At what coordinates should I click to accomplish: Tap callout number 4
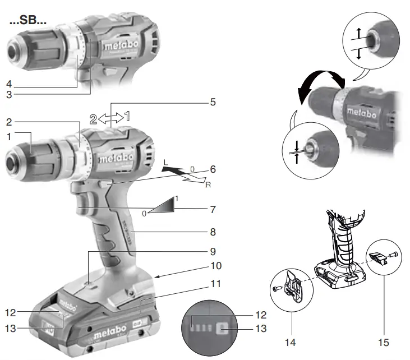click(x=10, y=85)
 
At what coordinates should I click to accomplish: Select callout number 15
click(x=384, y=341)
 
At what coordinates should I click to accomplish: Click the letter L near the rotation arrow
click(x=165, y=162)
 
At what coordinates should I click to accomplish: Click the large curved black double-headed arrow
click(x=321, y=84)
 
